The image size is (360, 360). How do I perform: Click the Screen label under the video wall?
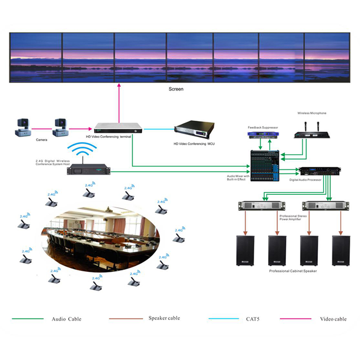pyautogui.click(x=176, y=89)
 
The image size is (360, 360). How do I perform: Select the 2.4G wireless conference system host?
pyautogui.click(x=88, y=169)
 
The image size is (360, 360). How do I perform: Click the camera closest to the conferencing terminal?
pyautogui.click(x=60, y=127)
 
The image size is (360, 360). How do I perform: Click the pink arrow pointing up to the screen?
pyautogui.click(x=119, y=102)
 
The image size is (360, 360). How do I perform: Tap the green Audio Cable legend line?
pyautogui.click(x=27, y=319)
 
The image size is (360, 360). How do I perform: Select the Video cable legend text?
pyautogui.click(x=333, y=319)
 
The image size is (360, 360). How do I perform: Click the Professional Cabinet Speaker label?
pyautogui.click(x=293, y=271)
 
